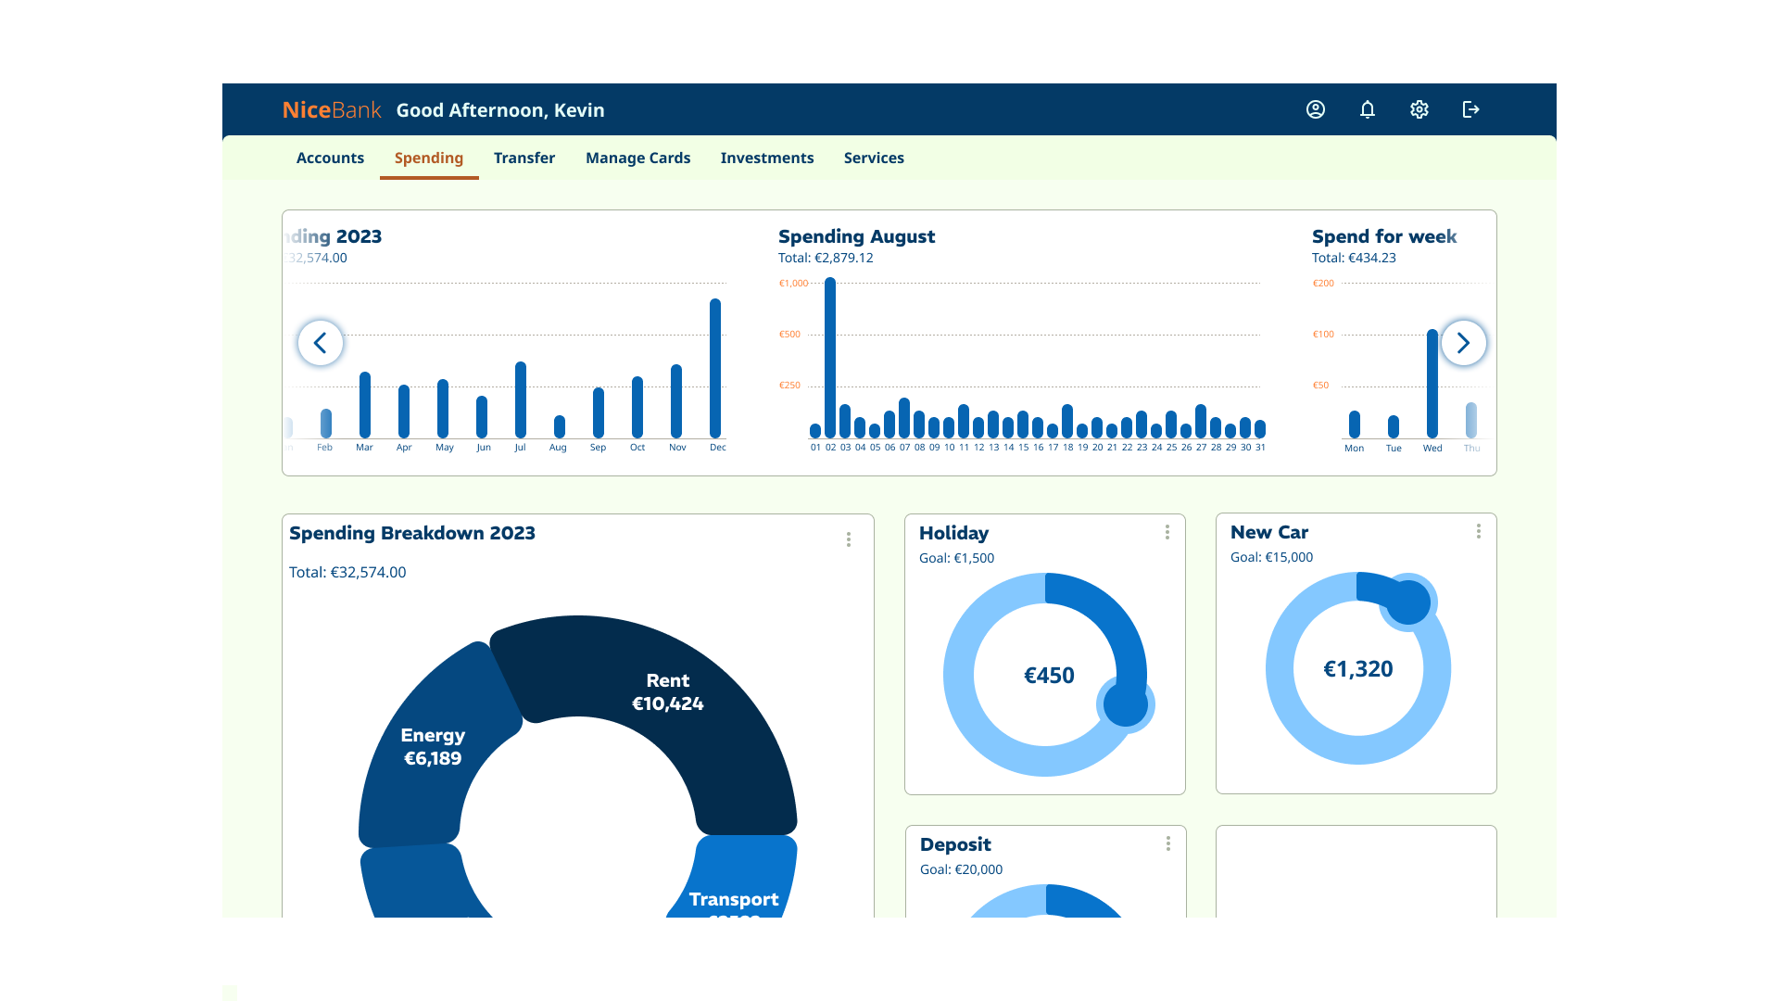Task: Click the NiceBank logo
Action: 332,110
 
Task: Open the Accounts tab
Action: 330,158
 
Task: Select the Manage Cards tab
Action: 637,158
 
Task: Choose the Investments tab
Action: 766,158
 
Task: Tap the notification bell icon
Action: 1367,109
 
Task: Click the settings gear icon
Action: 1419,109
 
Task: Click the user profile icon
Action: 1315,109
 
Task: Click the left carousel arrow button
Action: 321,343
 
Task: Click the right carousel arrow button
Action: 1463,343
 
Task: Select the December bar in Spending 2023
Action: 715,369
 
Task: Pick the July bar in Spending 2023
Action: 521,400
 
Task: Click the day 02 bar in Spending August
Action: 830,358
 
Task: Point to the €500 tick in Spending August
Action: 789,335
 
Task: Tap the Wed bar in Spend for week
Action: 1432,384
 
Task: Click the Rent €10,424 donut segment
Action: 667,691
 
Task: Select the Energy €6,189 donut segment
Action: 433,746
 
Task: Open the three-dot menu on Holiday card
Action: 1167,532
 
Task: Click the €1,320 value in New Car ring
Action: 1357,669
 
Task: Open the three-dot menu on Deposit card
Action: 1167,843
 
